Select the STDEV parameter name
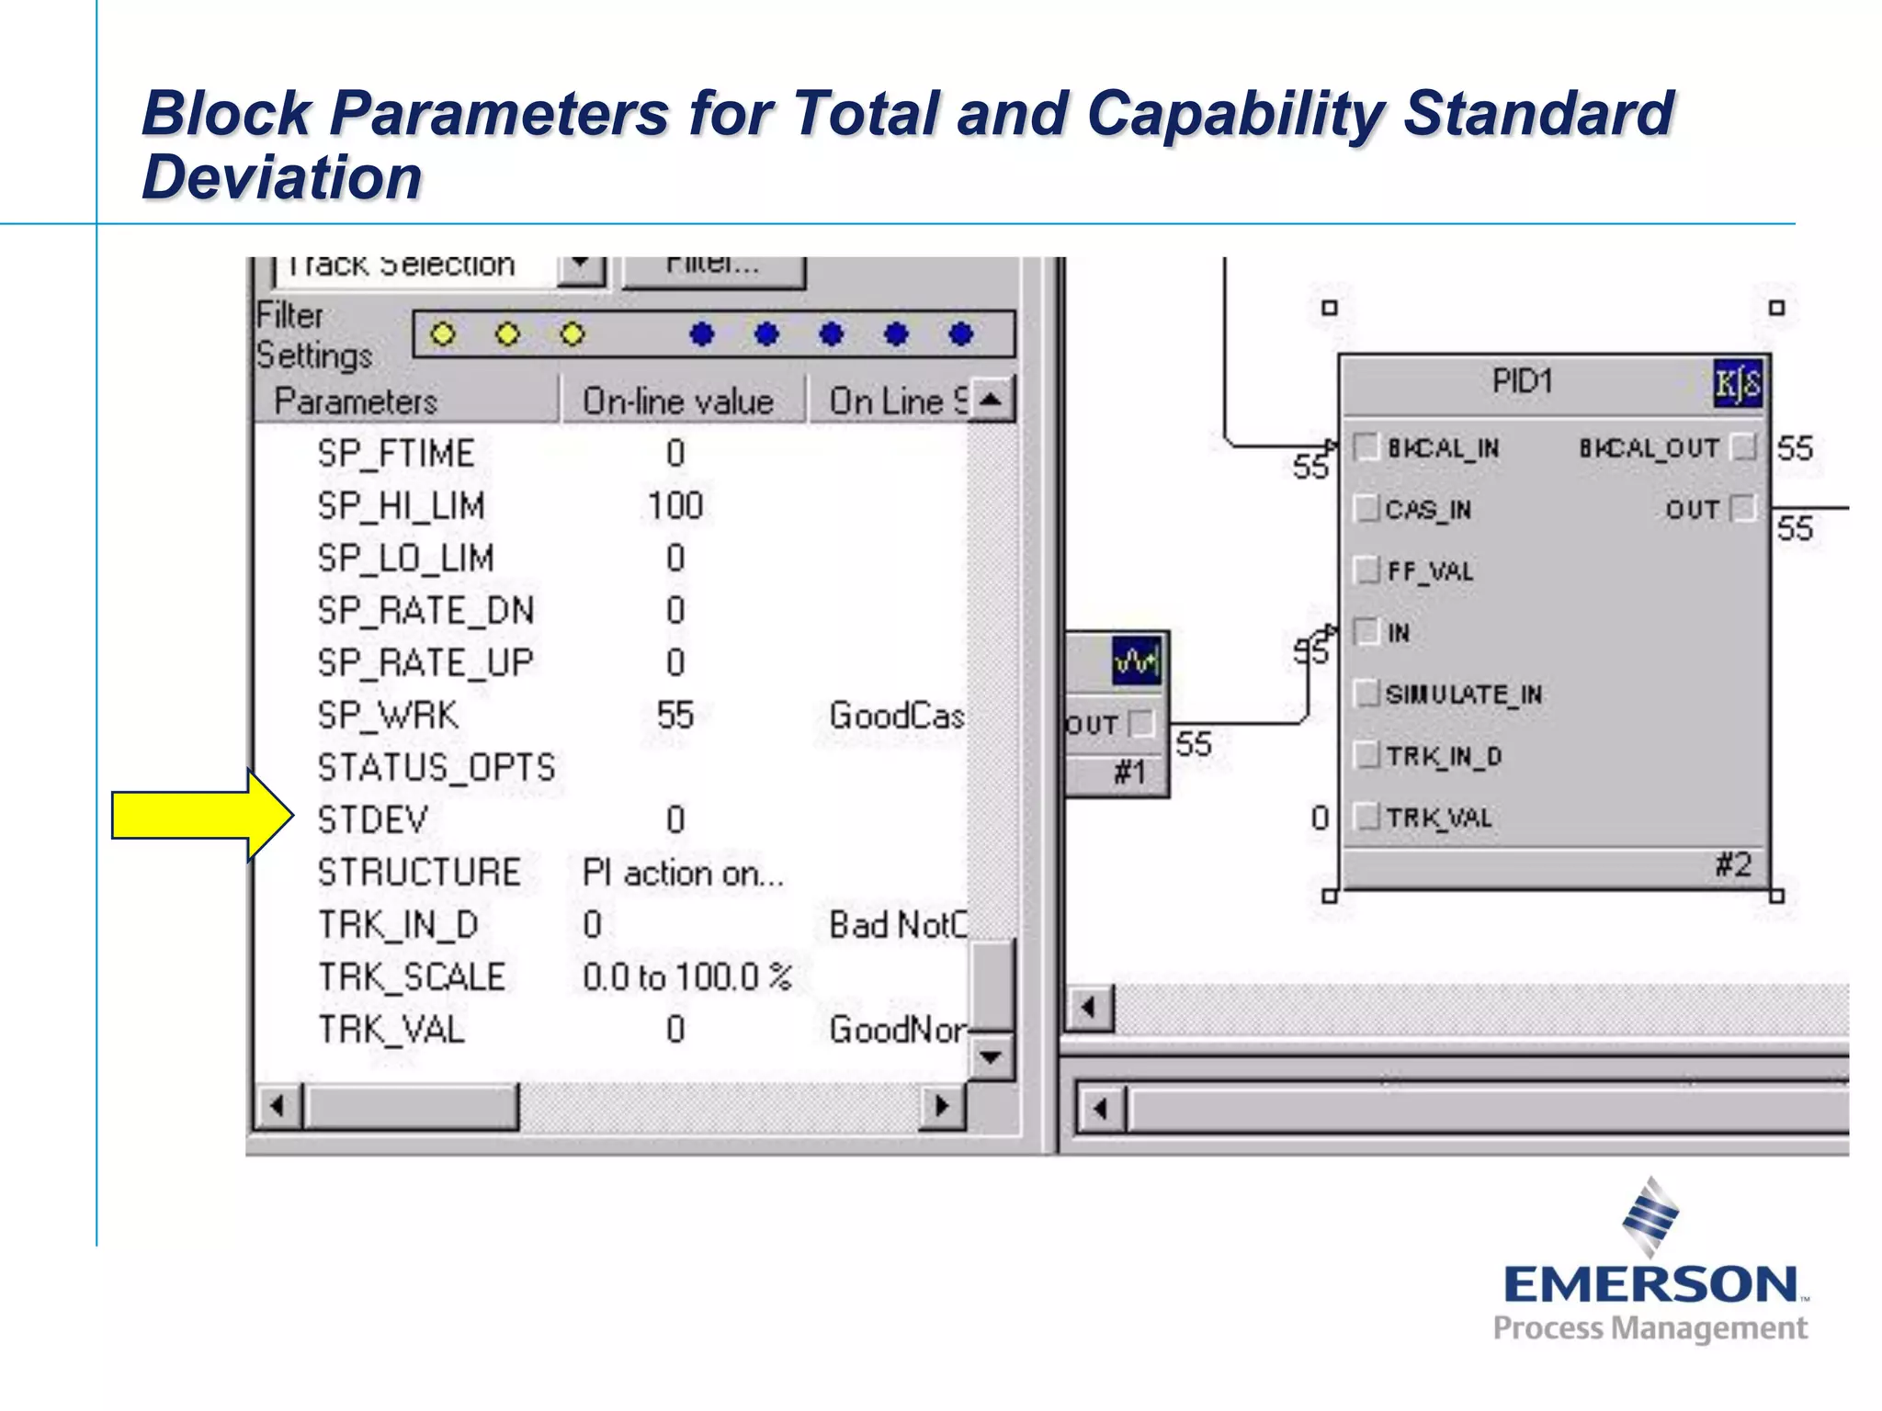pyautogui.click(x=372, y=819)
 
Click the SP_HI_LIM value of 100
pyautogui.click(x=675, y=506)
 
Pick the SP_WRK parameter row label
pyautogui.click(x=387, y=716)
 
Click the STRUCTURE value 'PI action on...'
pyautogui.click(x=683, y=873)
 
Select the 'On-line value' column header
pyautogui.click(x=678, y=401)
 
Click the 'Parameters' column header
pyautogui.click(x=356, y=401)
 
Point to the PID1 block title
pyautogui.click(x=1522, y=381)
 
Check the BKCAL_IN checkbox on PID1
pyautogui.click(x=1367, y=447)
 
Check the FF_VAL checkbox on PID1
pyautogui.click(x=1367, y=570)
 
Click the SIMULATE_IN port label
pyautogui.click(x=1464, y=694)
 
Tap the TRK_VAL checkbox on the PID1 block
pyautogui.click(x=1367, y=817)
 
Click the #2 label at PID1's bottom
pyautogui.click(x=1733, y=864)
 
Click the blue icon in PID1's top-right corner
pyautogui.click(x=1737, y=383)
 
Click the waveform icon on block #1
pyautogui.click(x=1136, y=660)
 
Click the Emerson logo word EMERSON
pyautogui.click(x=1650, y=1284)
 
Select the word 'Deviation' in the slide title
pyautogui.click(x=282, y=176)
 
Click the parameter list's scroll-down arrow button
pyautogui.click(x=990, y=1056)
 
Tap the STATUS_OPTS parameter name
pyautogui.click(x=436, y=768)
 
